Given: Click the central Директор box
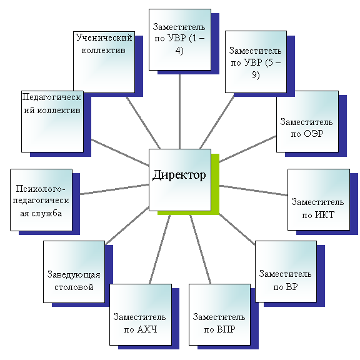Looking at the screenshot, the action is point(180,180).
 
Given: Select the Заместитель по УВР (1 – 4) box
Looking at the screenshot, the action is point(180,40).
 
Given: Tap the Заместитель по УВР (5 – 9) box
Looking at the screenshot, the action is point(256,62).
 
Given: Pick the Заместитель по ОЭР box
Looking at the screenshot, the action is point(307,121).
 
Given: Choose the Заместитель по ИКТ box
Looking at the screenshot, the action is point(319,200).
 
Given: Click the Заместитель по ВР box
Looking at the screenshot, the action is point(286,271).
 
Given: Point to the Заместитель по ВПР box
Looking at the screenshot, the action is point(219,314).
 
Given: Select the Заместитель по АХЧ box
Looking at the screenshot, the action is point(141,314).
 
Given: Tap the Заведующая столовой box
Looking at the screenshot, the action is point(74,272).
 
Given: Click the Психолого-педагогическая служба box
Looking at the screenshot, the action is point(41,200).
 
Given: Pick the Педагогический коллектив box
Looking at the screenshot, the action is point(52,121).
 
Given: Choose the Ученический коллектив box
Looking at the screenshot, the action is point(104,62).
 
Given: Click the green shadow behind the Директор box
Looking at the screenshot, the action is point(216,184).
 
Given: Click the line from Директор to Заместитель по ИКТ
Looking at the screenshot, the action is point(254,191).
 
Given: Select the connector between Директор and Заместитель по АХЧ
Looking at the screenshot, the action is point(160,249).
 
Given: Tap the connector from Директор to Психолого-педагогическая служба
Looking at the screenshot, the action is point(114,189).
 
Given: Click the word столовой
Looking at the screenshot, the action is point(74,287).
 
